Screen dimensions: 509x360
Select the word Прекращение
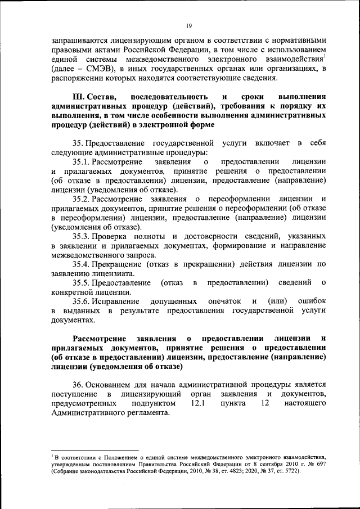tap(118, 263)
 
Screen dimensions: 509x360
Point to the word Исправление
tap(116, 300)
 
